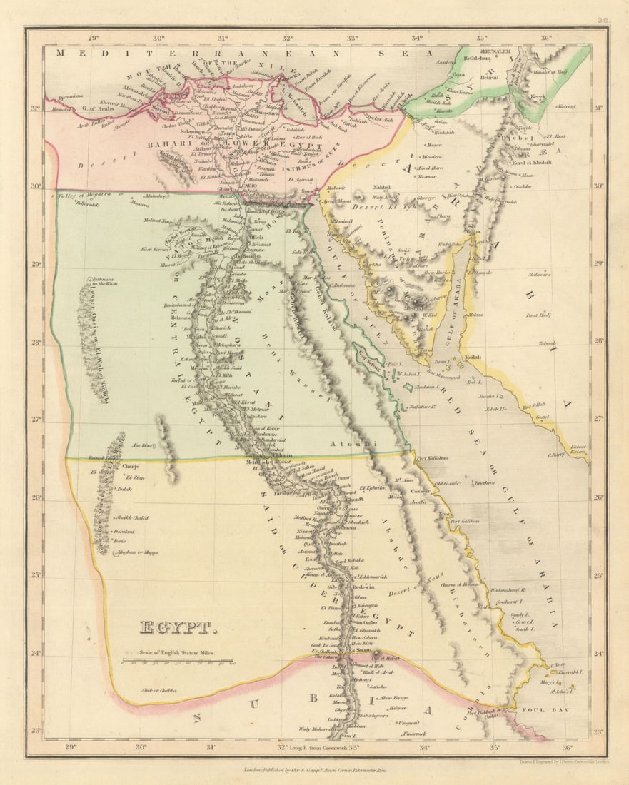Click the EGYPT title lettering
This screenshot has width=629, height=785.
click(177, 628)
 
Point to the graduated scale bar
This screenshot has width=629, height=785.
click(177, 662)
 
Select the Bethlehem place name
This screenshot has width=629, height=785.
click(478, 59)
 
